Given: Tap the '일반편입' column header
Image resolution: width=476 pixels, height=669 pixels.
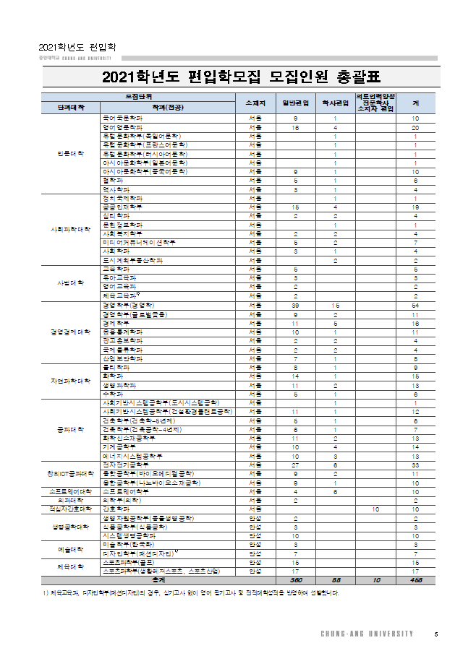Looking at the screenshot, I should point(296,103).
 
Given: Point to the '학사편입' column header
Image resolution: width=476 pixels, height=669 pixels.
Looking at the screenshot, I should point(335,103).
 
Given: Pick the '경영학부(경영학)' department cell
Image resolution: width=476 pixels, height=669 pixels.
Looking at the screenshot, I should point(130,305).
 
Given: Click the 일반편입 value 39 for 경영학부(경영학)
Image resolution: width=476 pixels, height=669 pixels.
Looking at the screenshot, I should point(296,305).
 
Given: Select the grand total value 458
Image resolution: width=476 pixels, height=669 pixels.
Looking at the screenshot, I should point(415,579).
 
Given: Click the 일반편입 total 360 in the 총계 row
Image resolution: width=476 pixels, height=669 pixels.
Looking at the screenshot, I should point(296,579).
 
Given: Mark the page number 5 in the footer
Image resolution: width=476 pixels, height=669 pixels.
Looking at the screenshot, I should point(435,634).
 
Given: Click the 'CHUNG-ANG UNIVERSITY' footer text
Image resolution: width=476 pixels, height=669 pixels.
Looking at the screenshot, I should point(367,634).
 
